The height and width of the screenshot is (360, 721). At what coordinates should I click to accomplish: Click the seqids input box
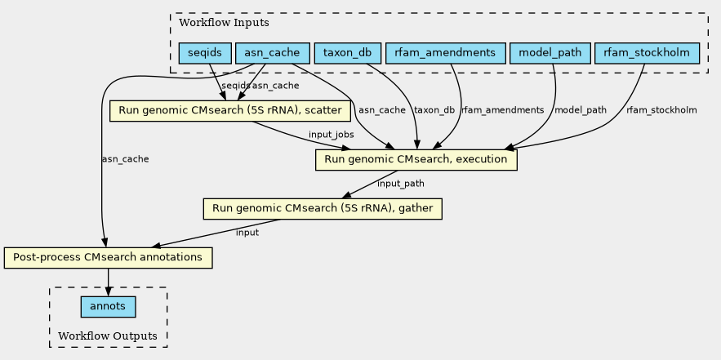tap(204, 54)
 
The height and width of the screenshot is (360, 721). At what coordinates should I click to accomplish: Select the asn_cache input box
tap(272, 54)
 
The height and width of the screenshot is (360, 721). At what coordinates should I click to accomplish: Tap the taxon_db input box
tap(347, 54)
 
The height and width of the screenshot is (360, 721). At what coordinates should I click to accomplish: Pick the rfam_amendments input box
tap(444, 54)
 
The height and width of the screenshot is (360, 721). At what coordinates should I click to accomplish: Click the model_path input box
tap(550, 54)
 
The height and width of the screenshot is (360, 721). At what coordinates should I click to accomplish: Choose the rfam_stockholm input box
tap(648, 54)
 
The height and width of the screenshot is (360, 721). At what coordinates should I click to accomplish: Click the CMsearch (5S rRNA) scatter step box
tap(230, 110)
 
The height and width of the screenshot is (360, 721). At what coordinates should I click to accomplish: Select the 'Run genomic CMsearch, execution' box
tap(416, 159)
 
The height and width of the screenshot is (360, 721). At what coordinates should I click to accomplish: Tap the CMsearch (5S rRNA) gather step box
tap(323, 209)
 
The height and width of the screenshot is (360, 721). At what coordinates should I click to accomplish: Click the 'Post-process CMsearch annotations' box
tap(108, 258)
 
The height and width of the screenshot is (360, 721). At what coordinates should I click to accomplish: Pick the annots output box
tap(108, 307)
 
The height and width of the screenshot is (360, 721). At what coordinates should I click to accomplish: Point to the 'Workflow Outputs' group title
tap(108, 336)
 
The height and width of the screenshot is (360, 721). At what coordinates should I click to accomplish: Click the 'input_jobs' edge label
tap(331, 135)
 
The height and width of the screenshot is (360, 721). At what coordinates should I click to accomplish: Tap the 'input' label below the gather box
tap(247, 233)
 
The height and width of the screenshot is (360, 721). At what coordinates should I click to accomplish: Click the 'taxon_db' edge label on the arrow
tap(434, 110)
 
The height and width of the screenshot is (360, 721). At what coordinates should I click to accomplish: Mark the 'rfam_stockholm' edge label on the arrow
tap(661, 110)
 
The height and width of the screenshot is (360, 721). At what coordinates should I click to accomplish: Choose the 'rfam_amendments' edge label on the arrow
tap(502, 110)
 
